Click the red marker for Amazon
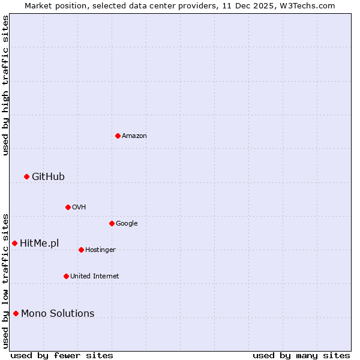click(118, 136)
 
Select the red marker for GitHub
click(26, 176)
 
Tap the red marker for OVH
click(68, 207)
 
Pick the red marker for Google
click(112, 223)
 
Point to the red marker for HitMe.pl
click(14, 243)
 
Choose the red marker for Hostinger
click(81, 250)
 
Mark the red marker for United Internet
click(66, 276)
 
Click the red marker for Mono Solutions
click(16, 313)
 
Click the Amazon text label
click(134, 136)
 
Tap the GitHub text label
click(48, 176)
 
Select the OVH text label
click(79, 208)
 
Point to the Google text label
click(127, 224)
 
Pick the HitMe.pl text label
click(39, 243)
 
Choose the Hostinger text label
click(100, 250)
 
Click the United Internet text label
click(94, 277)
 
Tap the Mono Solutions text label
click(58, 313)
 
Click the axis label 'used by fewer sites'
click(62, 355)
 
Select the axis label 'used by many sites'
click(301, 355)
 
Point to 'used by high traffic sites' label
click(5, 85)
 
